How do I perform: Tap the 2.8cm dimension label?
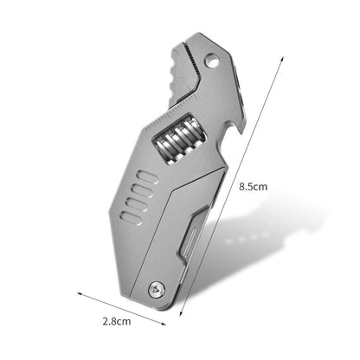pyautogui.click(x=116, y=321)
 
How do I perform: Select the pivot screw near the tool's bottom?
pyautogui.click(x=156, y=291)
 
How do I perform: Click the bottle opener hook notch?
pyautogui.click(x=227, y=130)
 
